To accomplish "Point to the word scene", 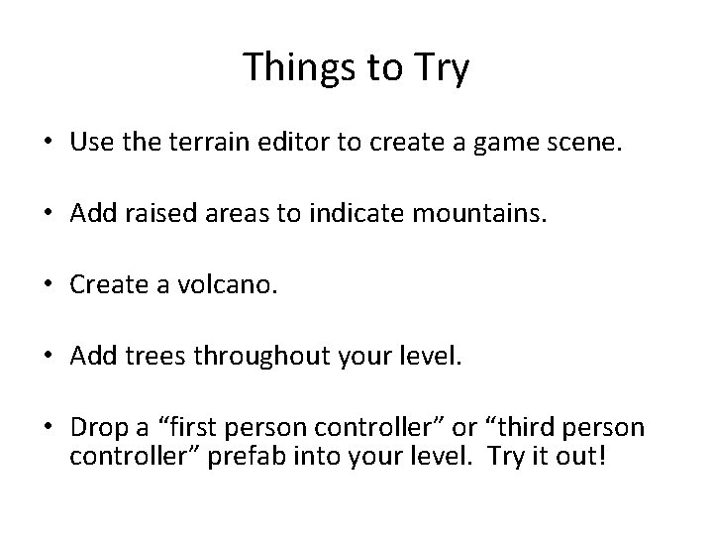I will pos(590,143).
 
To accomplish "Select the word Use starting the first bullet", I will pos(91,143).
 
